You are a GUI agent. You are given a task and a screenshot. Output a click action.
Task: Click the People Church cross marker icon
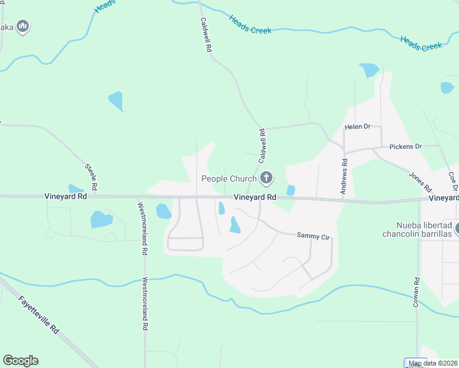(266, 178)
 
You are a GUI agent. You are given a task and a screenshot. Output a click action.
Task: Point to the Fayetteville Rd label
(38, 315)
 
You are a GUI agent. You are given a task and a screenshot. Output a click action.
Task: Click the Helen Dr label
(358, 126)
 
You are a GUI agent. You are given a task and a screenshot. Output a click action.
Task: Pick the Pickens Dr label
(406, 147)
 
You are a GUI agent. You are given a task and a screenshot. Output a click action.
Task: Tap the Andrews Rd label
(345, 176)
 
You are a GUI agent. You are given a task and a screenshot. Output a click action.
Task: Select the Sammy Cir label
(313, 235)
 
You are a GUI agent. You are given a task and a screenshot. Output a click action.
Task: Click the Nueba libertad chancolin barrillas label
(417, 229)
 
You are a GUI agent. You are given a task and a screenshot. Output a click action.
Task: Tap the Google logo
(20, 361)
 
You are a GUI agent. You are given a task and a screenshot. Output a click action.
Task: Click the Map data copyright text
(433, 363)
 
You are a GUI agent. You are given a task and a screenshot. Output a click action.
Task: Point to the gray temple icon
(23, 26)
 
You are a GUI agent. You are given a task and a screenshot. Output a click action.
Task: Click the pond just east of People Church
(290, 191)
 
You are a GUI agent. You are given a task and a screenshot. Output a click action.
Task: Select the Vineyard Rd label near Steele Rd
(66, 197)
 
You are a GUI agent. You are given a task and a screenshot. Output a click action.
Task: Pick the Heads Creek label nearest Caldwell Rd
(250, 25)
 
